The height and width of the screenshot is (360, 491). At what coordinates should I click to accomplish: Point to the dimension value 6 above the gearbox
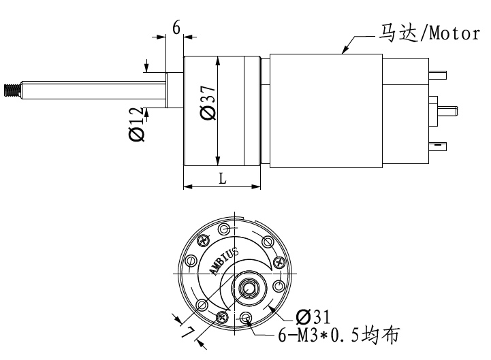click(176, 28)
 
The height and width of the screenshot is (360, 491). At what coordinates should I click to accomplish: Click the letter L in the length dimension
click(222, 178)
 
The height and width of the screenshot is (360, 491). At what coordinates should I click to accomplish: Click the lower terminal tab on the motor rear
click(439, 144)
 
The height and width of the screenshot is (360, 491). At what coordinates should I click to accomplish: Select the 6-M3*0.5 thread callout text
click(336, 336)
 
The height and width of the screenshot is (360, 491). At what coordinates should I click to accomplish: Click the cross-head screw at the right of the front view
click(277, 263)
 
